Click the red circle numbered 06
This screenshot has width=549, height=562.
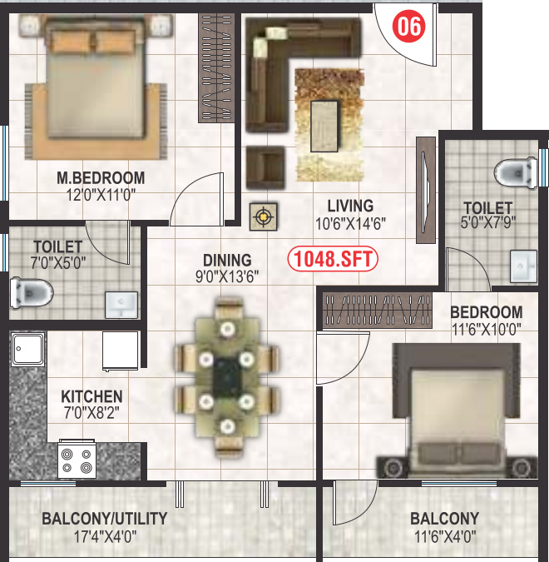(409, 27)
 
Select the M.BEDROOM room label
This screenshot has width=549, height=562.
(101, 177)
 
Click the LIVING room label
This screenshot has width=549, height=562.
(350, 206)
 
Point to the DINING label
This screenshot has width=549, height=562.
(227, 260)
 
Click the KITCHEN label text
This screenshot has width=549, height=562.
(91, 397)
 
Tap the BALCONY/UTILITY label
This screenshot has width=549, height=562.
(105, 519)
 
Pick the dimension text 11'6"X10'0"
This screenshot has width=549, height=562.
(486, 328)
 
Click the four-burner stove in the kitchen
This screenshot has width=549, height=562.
(76, 460)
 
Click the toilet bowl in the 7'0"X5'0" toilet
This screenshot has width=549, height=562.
(32, 292)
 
